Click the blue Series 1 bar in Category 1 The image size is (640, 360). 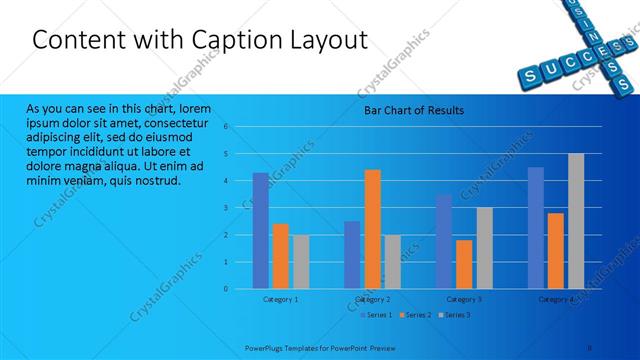click(260, 230)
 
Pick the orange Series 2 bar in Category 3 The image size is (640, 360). click(464, 264)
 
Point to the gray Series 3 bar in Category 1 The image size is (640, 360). click(300, 261)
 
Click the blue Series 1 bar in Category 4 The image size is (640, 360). click(536, 227)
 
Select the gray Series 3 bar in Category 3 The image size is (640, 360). click(484, 247)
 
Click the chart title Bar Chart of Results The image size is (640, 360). click(413, 111)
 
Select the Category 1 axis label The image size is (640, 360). click(280, 299)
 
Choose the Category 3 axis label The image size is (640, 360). click(464, 299)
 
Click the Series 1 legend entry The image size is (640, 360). click(377, 315)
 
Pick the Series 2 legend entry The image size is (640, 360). click(416, 315)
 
